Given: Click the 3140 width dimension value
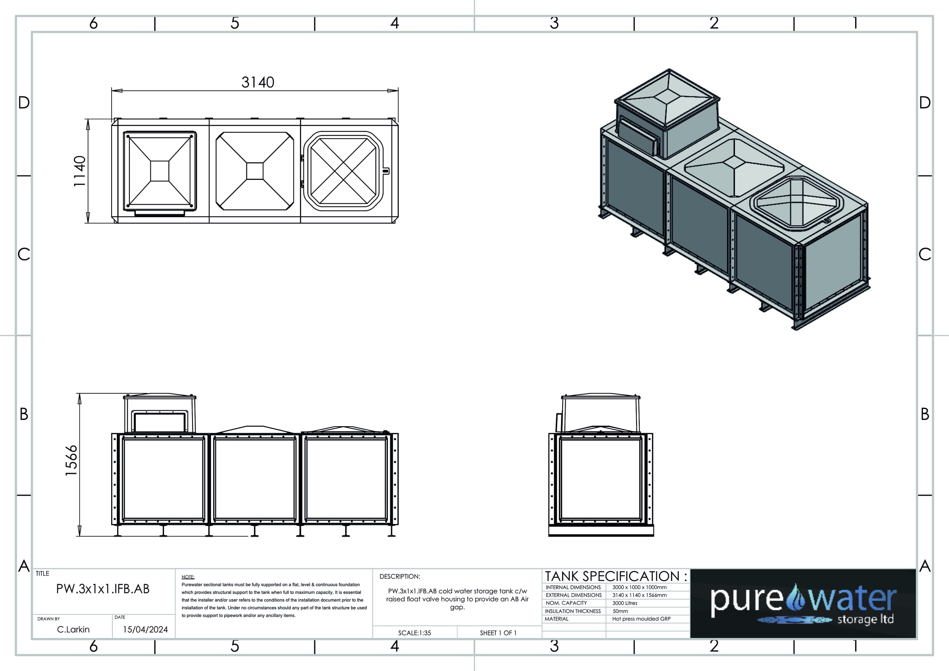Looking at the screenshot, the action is tap(258, 82).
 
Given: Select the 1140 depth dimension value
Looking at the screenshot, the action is tap(79, 171).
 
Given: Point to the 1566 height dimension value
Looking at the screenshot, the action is tap(71, 460).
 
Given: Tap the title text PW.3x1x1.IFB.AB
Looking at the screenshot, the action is tap(103, 589).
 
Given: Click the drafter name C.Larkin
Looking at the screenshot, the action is tap(73, 629).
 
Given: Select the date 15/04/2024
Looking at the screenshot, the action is tap(145, 629).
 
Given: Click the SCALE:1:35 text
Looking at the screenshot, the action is tap(415, 633).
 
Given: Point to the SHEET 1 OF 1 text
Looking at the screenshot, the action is tap(498, 633).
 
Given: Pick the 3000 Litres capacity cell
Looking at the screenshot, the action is tap(625, 603).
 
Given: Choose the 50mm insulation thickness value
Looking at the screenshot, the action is tap(620, 611).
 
